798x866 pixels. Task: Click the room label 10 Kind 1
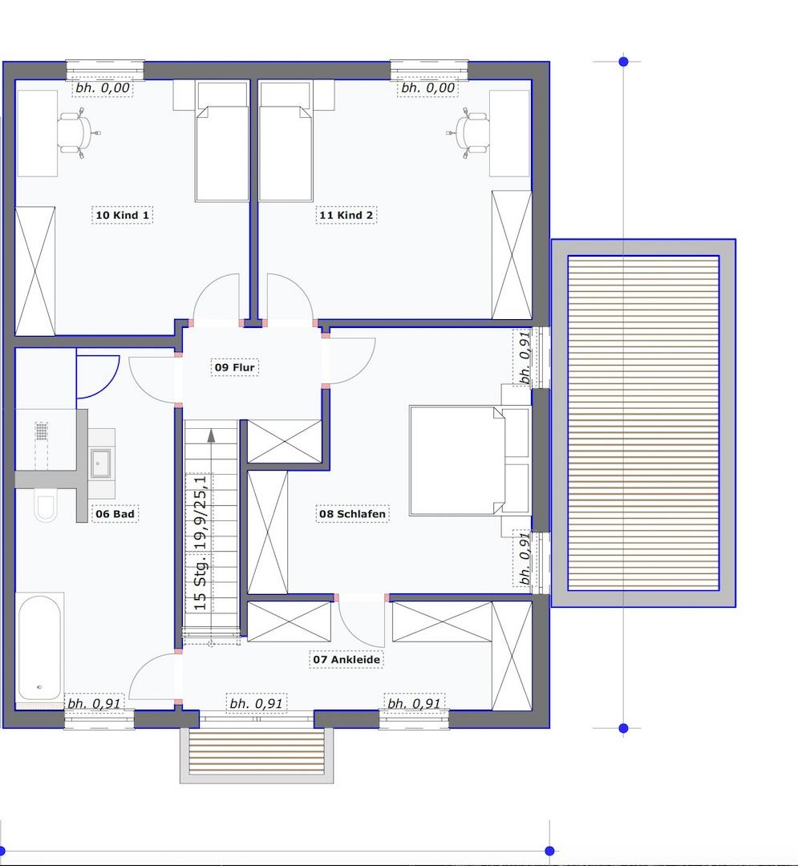122,215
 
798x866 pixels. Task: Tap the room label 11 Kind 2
346,215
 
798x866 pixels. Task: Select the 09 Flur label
235,367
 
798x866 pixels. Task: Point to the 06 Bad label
115,514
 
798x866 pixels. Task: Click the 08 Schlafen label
352,514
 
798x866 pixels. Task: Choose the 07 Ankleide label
346,659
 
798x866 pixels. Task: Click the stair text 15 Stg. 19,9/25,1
201,542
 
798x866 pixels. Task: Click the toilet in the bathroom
45,505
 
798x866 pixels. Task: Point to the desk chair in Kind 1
76,133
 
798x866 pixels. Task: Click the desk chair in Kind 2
471,133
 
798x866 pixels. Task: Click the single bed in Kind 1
222,141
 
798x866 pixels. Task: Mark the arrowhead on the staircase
211,435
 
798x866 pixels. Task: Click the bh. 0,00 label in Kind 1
103,88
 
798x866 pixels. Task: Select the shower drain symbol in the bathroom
42,431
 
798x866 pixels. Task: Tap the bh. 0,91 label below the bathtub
94,704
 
